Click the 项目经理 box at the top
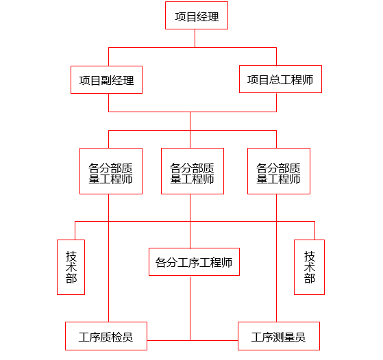(x=197, y=16)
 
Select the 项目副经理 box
(x=106, y=79)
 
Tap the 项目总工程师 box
(x=280, y=79)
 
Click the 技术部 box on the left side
(x=71, y=267)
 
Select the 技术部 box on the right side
(x=309, y=267)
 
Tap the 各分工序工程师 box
(x=194, y=261)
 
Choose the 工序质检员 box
(x=106, y=336)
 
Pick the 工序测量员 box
(x=278, y=336)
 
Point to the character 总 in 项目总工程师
(x=275, y=80)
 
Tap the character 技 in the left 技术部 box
(x=71, y=255)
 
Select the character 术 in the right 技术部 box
(x=309, y=267)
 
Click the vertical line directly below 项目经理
(x=195, y=38)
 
